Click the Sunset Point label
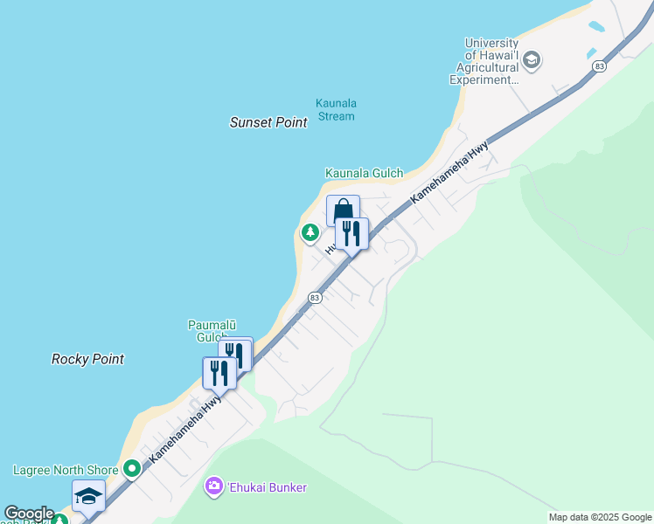[x=268, y=123]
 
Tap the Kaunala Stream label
[x=337, y=110]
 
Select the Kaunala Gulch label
[x=365, y=174]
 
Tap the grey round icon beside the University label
[x=532, y=61]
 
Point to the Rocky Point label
[x=87, y=359]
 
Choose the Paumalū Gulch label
[x=207, y=331]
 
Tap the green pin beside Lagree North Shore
[x=132, y=470]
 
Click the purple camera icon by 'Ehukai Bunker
[x=214, y=486]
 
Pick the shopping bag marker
[x=343, y=211]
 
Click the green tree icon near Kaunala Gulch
[x=310, y=233]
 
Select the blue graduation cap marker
[x=88, y=496]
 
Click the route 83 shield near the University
[x=599, y=66]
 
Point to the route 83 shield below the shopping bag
[x=315, y=298]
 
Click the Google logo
[x=29, y=514]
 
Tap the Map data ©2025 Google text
[x=600, y=517]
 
